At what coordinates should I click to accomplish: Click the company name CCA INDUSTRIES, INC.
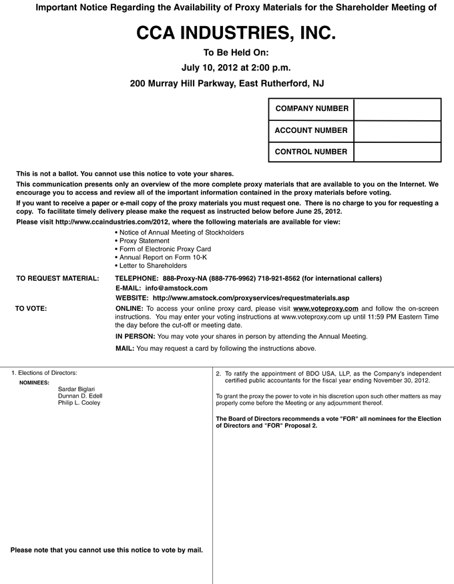pos(226,33)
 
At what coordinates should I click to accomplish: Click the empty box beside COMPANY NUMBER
pos(397,109)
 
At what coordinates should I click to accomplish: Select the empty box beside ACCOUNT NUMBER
pos(397,130)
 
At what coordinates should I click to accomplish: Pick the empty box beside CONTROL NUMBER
pos(397,152)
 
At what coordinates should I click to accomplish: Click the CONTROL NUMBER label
pos(311,152)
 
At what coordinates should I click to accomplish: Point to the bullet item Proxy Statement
pos(144,241)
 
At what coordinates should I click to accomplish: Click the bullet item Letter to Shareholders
pos(153,265)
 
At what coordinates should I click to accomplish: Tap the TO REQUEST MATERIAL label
pos(57,278)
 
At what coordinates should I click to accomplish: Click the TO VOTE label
pos(31,308)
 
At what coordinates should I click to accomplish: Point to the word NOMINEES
pos(35,383)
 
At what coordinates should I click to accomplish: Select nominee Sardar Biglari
pos(77,389)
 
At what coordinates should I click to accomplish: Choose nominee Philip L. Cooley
pos(79,404)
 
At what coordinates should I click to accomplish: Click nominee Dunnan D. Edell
pos(80,396)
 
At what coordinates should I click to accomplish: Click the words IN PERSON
pos(136,336)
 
